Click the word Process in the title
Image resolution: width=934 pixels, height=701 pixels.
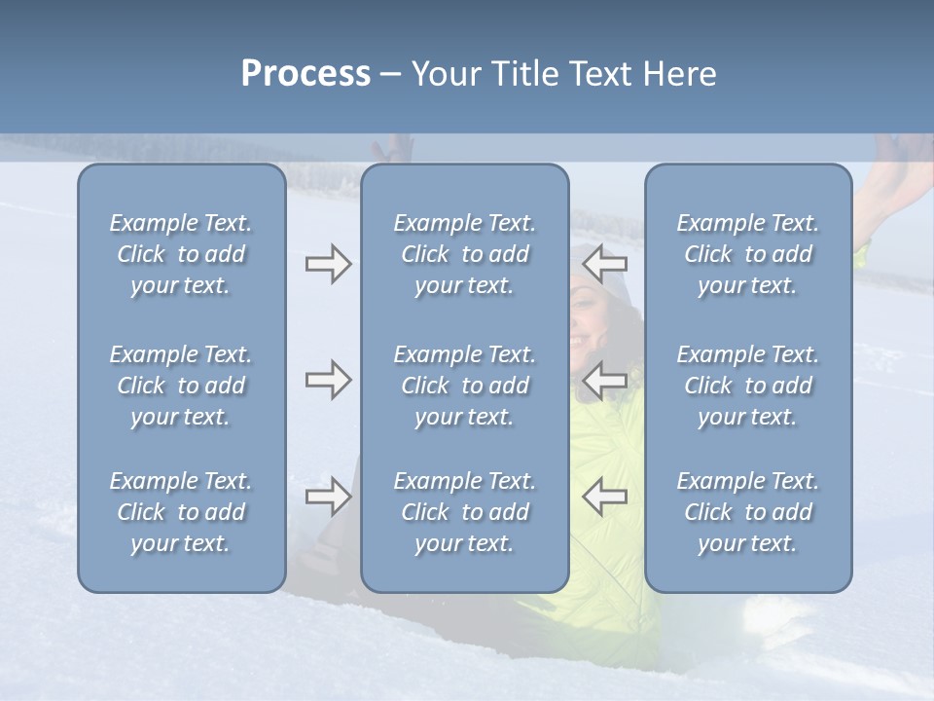[305, 74]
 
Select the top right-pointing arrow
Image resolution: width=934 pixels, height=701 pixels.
[328, 264]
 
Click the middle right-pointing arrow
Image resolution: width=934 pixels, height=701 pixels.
[328, 380]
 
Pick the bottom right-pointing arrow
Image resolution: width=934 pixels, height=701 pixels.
[328, 497]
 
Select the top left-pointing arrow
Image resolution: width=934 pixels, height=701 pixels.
[605, 263]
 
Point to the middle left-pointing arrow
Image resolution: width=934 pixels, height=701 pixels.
[605, 380]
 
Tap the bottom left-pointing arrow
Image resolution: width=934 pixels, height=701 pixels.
[605, 497]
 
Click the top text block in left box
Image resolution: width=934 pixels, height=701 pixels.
[181, 254]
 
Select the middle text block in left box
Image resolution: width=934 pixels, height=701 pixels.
[181, 386]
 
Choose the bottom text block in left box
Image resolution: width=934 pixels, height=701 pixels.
[181, 512]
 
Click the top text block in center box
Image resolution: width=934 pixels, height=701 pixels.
[465, 254]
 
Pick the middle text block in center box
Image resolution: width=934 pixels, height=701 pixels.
[465, 386]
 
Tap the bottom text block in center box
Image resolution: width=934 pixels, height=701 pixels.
[465, 512]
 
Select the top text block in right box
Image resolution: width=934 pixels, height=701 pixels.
[748, 254]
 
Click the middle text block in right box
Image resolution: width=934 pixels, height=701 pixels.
[748, 386]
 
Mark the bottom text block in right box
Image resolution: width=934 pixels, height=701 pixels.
[748, 512]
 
